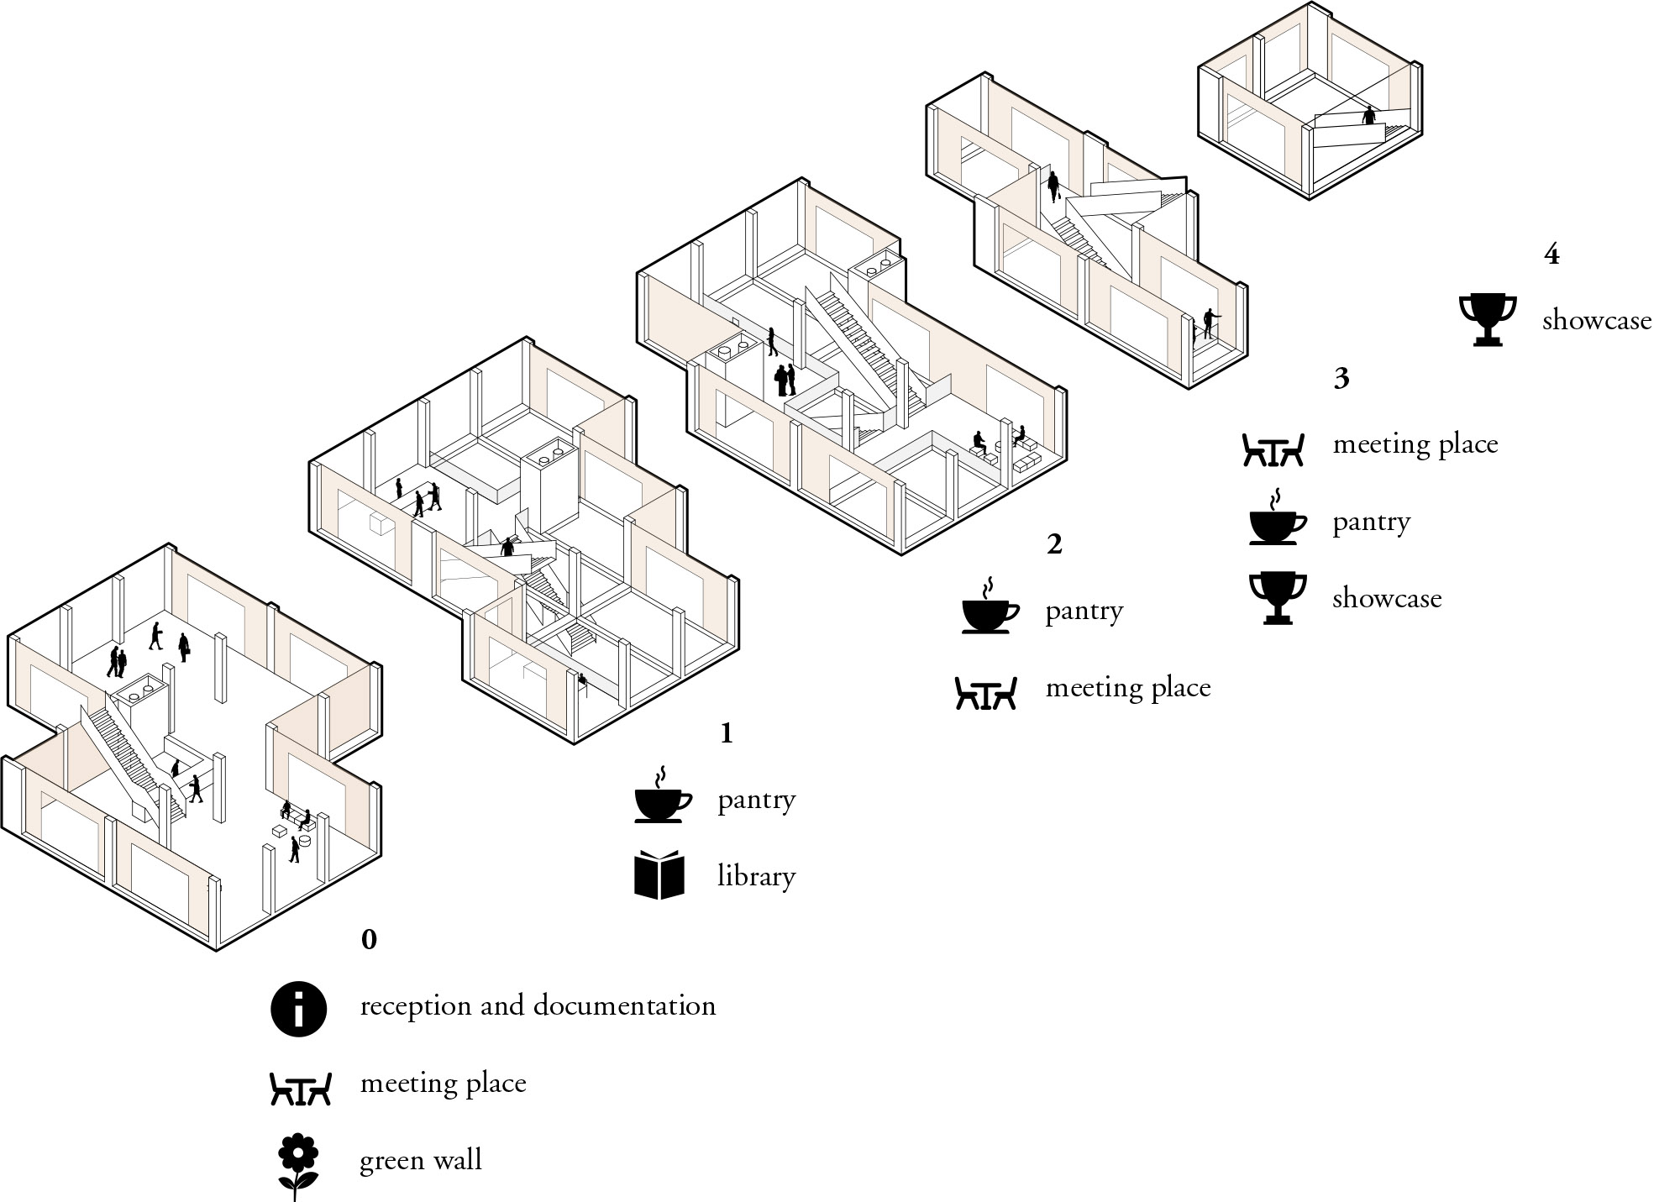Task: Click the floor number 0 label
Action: [369, 939]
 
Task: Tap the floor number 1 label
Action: [727, 734]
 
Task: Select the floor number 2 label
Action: [1054, 544]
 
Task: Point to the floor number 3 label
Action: [1341, 379]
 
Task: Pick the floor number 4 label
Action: [1551, 255]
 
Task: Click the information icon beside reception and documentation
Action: [299, 1008]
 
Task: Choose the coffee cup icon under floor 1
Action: [663, 794]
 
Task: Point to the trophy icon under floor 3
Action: [1278, 598]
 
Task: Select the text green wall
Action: [421, 1161]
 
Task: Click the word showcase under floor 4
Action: [1597, 321]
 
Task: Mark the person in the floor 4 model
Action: [1370, 115]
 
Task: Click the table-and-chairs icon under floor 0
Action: [301, 1089]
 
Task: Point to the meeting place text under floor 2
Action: [1128, 690]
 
